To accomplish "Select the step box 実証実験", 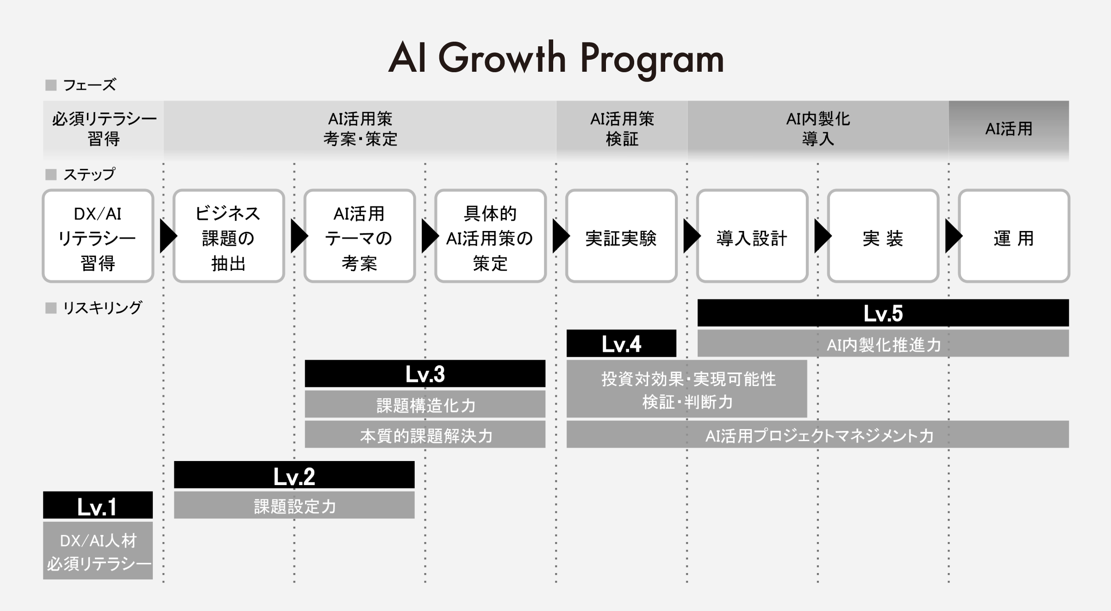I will pyautogui.click(x=621, y=236).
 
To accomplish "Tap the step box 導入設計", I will pyautogui.click(x=752, y=236).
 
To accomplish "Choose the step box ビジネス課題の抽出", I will pyautogui.click(x=229, y=236).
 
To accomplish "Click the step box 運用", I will pyautogui.click(x=1014, y=236).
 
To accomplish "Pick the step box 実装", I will pyautogui.click(x=883, y=236).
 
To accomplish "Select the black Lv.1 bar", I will pyautogui.click(x=98, y=505).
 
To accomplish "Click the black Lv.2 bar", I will pyautogui.click(x=294, y=475).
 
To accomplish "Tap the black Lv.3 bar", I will pyautogui.click(x=425, y=374).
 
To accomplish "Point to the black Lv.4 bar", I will pyautogui.click(x=621, y=343).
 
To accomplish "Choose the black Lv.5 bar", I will pyautogui.click(x=883, y=313).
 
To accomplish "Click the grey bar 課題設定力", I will pyautogui.click(x=294, y=505).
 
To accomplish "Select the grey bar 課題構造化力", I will pyautogui.click(x=425, y=404).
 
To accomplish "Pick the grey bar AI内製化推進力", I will pyautogui.click(x=883, y=343).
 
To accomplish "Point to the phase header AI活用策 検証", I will pyautogui.click(x=622, y=128).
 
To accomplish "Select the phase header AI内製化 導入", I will pyautogui.click(x=818, y=128).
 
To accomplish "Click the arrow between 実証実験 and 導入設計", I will pyautogui.click(x=692, y=236).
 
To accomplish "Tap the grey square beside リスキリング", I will pyautogui.click(x=51, y=308).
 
